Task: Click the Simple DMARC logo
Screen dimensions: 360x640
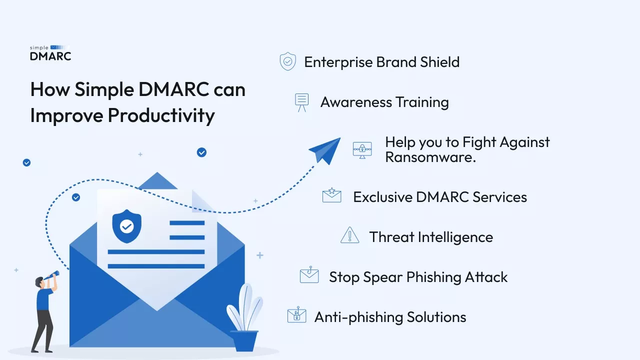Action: tap(50, 53)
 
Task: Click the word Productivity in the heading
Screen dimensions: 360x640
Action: tap(161, 115)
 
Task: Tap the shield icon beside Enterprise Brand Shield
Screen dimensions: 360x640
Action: tap(287, 62)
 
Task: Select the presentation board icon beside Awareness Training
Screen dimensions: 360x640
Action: tap(301, 102)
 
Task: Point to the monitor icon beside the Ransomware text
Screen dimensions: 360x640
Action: tap(362, 149)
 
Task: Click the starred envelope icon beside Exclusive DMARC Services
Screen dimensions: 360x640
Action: tap(331, 195)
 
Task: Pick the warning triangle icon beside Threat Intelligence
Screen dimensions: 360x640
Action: tap(349, 235)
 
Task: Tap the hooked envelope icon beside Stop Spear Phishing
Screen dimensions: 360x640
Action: tap(309, 275)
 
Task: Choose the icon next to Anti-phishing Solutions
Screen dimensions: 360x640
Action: tap(296, 315)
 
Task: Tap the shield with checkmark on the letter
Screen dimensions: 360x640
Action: tap(126, 226)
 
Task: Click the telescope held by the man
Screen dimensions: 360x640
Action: tap(50, 275)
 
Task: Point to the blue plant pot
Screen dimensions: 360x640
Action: tap(244, 340)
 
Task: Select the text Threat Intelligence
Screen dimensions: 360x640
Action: tap(431, 237)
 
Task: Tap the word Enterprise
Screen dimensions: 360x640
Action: tap(338, 62)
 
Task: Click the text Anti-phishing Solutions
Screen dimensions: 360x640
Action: tap(390, 317)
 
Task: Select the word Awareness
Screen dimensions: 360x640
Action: tap(355, 102)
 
